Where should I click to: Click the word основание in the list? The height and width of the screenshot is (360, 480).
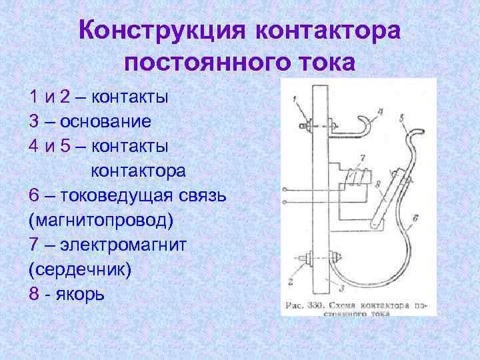[106, 121]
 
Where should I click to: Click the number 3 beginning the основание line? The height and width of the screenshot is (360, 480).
[35, 121]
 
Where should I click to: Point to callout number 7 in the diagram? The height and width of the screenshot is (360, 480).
[362, 158]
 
